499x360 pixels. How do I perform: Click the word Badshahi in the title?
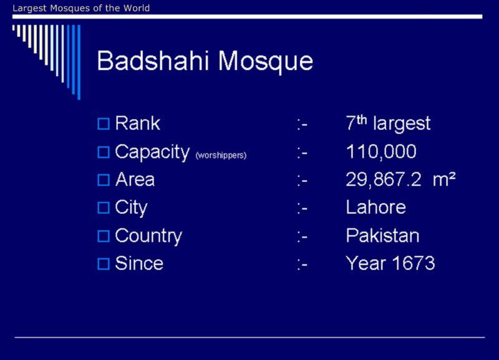(153, 61)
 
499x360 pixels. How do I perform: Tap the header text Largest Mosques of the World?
(81, 8)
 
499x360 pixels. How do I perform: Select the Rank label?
(137, 123)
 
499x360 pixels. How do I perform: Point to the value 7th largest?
(388, 123)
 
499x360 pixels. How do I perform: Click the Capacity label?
(152, 152)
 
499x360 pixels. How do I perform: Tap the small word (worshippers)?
(221, 155)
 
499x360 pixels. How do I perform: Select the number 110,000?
(381, 152)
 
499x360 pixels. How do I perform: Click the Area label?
(135, 180)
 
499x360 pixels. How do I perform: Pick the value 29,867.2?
(384, 180)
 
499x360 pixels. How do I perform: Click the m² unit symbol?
(444, 179)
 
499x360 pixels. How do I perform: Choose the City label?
(131, 208)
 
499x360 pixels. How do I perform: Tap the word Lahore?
(376, 207)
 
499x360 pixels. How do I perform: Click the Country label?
(148, 236)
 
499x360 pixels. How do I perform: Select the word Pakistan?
(382, 236)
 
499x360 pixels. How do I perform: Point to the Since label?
(139, 263)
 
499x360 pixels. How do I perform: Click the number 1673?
(413, 263)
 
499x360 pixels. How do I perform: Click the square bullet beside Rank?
(104, 124)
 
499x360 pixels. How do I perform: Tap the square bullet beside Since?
(104, 264)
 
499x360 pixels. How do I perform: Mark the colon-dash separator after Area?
(302, 181)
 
